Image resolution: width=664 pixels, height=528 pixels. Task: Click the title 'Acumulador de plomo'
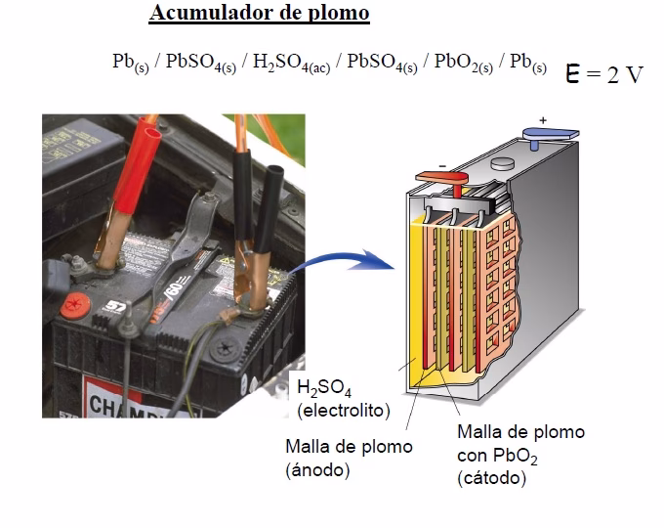tap(259, 14)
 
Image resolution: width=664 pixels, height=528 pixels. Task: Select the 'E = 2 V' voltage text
tap(604, 74)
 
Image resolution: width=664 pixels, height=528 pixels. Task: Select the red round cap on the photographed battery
tap(73, 305)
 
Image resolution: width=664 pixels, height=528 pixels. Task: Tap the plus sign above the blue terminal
tap(543, 119)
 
